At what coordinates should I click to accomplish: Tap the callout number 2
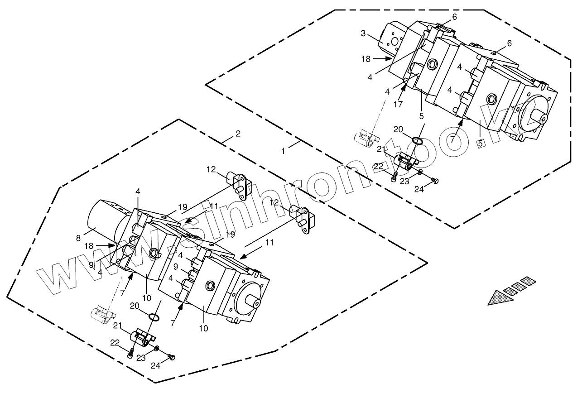(x=238, y=134)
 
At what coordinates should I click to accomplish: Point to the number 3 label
(x=363, y=33)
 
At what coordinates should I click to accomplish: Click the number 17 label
(x=398, y=104)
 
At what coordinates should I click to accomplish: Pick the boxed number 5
(x=480, y=143)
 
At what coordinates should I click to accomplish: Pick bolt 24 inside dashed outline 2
(x=172, y=357)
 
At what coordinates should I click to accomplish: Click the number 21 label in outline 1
(x=381, y=149)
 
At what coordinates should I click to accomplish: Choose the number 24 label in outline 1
(x=419, y=189)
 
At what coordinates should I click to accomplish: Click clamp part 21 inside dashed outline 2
(x=142, y=337)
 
